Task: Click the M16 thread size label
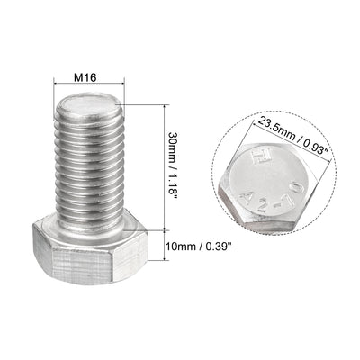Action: point(85,77)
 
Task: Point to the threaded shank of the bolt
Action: point(86,171)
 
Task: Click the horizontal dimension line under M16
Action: point(86,88)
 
